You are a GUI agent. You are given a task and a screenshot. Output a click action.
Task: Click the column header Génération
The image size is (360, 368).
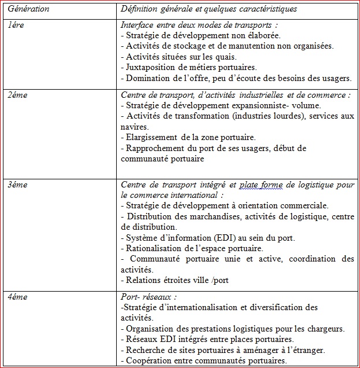(28, 10)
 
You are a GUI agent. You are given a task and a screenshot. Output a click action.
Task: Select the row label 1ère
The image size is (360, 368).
(16, 26)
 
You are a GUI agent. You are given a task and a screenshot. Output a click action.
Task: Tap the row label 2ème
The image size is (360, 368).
(18, 94)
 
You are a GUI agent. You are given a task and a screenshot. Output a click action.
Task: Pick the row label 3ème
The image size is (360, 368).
(18, 185)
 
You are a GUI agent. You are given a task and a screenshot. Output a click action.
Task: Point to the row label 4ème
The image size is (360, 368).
(18, 296)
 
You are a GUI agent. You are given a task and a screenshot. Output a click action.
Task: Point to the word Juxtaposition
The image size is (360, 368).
(151, 67)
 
